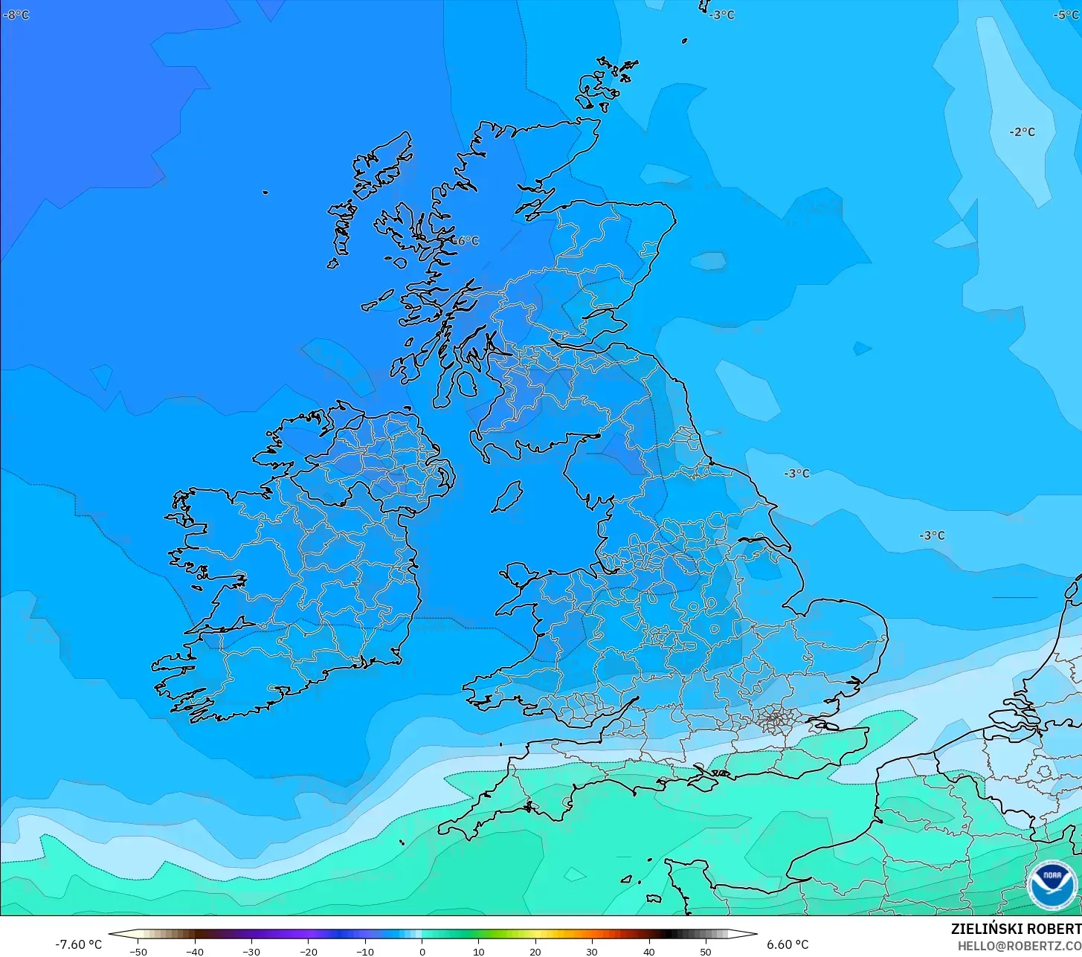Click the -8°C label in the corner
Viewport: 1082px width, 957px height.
16,15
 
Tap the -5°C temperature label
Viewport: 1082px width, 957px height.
1067,15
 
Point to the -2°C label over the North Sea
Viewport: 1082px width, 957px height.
1022,132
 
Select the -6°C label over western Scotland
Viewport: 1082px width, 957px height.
466,241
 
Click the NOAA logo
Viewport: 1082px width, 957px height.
1052,885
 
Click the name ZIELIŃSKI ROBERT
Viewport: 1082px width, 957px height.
1016,929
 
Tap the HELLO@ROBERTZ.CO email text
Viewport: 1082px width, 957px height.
1019,946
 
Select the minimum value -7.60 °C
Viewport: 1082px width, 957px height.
78,944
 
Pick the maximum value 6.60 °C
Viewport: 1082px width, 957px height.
788,944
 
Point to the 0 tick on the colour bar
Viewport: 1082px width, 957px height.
422,951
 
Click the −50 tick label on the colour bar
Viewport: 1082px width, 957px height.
138,951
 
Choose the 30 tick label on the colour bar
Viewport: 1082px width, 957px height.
592,951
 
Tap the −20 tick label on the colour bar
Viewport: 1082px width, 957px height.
308,951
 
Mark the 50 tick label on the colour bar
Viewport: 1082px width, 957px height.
706,951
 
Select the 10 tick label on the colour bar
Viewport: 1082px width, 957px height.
478,951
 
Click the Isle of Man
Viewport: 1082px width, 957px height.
507,496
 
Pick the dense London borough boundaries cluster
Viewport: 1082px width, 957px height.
776,719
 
